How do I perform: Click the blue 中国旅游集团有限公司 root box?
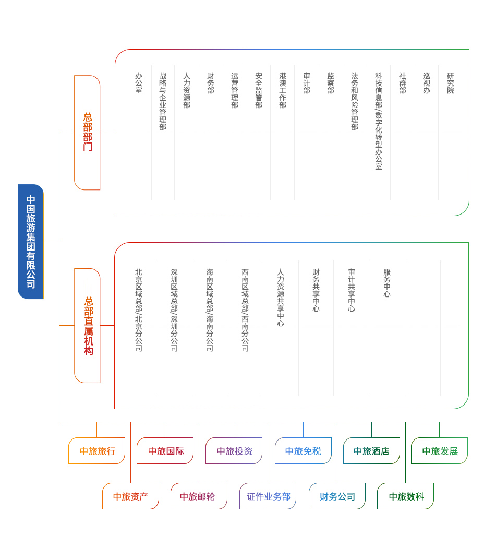(x=31, y=242)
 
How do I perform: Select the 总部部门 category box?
(x=87, y=133)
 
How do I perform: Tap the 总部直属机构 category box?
(x=87, y=326)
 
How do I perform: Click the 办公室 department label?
(x=139, y=83)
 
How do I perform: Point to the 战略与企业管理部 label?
(x=163, y=101)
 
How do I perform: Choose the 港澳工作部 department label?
(x=283, y=90)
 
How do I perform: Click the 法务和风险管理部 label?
(x=355, y=101)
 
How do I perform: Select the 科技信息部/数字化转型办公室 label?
(x=379, y=121)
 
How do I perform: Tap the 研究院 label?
(x=451, y=83)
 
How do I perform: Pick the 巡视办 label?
(x=427, y=83)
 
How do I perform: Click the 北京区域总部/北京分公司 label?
(x=139, y=310)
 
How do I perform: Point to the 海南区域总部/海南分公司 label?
(x=210, y=310)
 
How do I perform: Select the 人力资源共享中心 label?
(x=281, y=297)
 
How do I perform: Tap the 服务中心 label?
(x=387, y=282)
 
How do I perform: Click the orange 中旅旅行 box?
(x=97, y=451)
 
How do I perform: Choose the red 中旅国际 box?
(x=165, y=451)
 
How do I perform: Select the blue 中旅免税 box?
(x=303, y=451)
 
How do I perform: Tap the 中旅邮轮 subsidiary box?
(x=199, y=496)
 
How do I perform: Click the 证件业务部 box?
(x=268, y=496)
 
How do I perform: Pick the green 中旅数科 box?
(x=405, y=496)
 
